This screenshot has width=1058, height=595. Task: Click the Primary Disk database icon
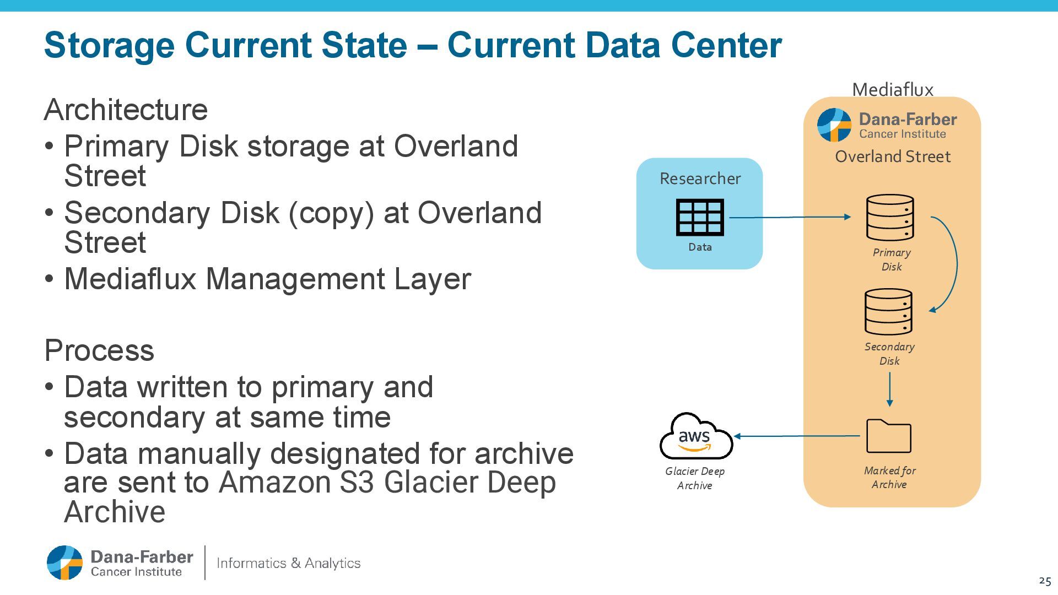tap(890, 218)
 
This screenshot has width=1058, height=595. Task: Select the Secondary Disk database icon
tap(888, 312)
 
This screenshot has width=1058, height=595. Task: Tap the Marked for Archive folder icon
tap(888, 436)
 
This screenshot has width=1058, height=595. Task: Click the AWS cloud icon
tap(696, 436)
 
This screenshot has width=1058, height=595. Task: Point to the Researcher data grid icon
tap(700, 217)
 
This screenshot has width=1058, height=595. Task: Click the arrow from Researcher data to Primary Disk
tap(791, 217)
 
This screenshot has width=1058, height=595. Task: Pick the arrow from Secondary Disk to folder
tap(889, 389)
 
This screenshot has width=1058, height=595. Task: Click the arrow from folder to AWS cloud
tap(796, 436)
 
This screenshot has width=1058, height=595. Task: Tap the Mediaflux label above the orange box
tap(893, 89)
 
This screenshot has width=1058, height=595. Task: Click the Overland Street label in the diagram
tap(893, 156)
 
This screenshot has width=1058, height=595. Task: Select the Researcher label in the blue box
tap(700, 178)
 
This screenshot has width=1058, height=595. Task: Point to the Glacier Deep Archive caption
tap(695, 478)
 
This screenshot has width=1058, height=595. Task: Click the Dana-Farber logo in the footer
tap(120, 563)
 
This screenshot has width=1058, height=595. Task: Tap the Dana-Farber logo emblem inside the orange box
tap(834, 125)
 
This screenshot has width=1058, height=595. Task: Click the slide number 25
tap(1045, 581)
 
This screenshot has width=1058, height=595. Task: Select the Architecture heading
tap(126, 110)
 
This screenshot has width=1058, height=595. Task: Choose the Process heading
tap(99, 350)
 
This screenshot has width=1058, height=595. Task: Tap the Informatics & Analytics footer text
tap(289, 563)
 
